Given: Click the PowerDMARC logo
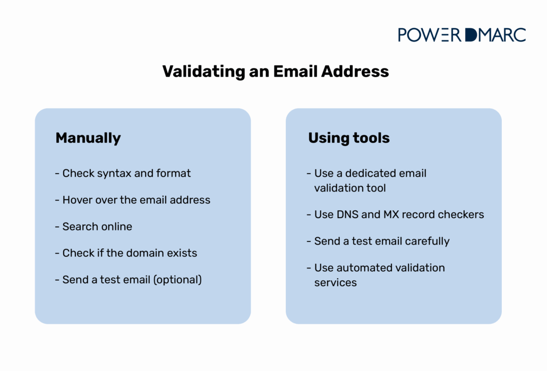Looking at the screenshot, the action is pos(462,35).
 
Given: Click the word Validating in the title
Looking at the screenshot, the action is pos(204,72).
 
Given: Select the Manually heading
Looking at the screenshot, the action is pos(88,139).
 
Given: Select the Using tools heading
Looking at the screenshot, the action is pos(349,137).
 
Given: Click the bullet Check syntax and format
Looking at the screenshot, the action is pos(123,174).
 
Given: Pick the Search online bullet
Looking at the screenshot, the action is pos(93,227).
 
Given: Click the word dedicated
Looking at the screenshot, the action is pos(373,174).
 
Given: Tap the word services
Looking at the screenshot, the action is pos(336,282).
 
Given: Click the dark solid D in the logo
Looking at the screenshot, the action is pos(471,35).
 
